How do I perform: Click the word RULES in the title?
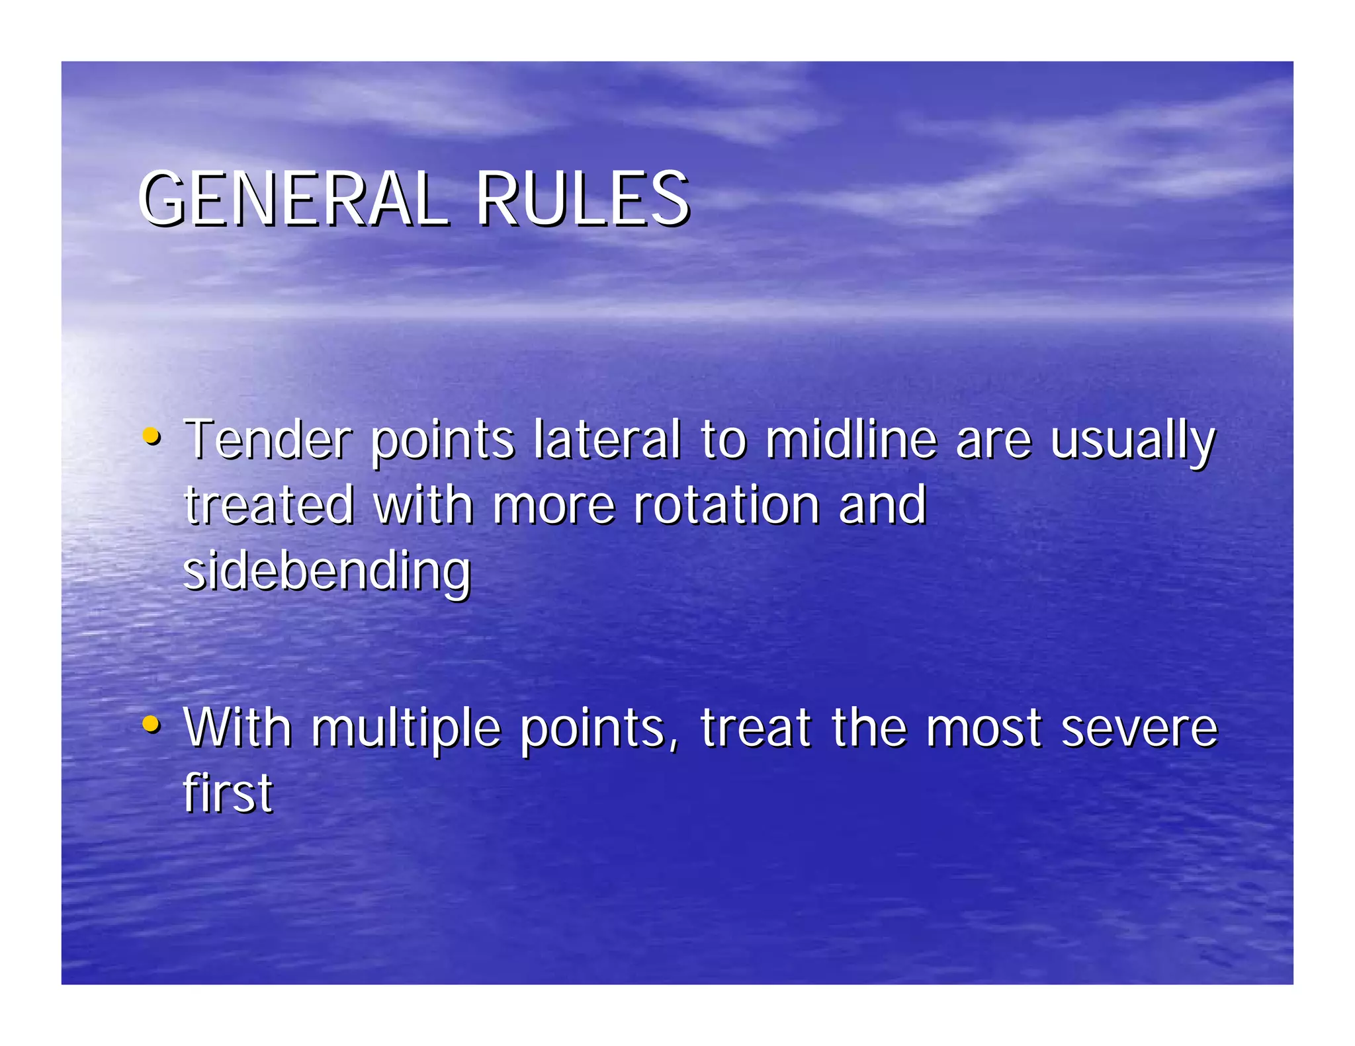582,199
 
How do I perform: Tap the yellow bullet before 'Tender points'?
152,436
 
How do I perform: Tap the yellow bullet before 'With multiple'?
152,724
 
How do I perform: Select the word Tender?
268,439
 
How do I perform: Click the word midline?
852,439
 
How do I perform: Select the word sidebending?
327,571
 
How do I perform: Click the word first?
228,792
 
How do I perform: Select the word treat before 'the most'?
756,728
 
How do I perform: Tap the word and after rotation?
882,505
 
